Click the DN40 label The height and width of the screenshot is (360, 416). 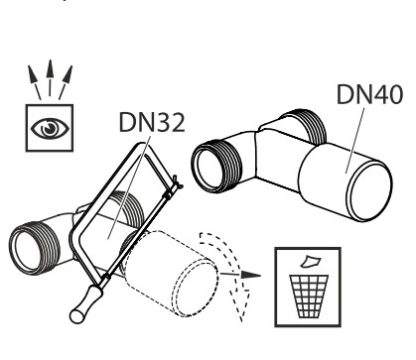(369, 94)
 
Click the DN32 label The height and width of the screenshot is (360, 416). (152, 122)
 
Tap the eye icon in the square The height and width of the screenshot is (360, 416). (50, 128)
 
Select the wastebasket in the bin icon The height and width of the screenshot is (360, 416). (309, 297)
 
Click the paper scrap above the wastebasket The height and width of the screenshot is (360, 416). (310, 261)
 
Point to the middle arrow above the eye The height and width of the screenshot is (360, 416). (50, 78)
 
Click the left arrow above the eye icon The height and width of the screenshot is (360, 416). (35, 82)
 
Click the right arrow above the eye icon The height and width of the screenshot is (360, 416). (66, 82)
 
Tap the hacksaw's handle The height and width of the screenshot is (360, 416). (86, 304)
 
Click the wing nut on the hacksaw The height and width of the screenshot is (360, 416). (177, 182)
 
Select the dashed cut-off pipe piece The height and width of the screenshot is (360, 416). (172, 273)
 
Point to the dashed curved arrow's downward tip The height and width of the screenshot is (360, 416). (241, 319)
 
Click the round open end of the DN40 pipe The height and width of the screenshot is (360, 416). (370, 190)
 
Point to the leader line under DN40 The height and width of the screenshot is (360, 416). (355, 140)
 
